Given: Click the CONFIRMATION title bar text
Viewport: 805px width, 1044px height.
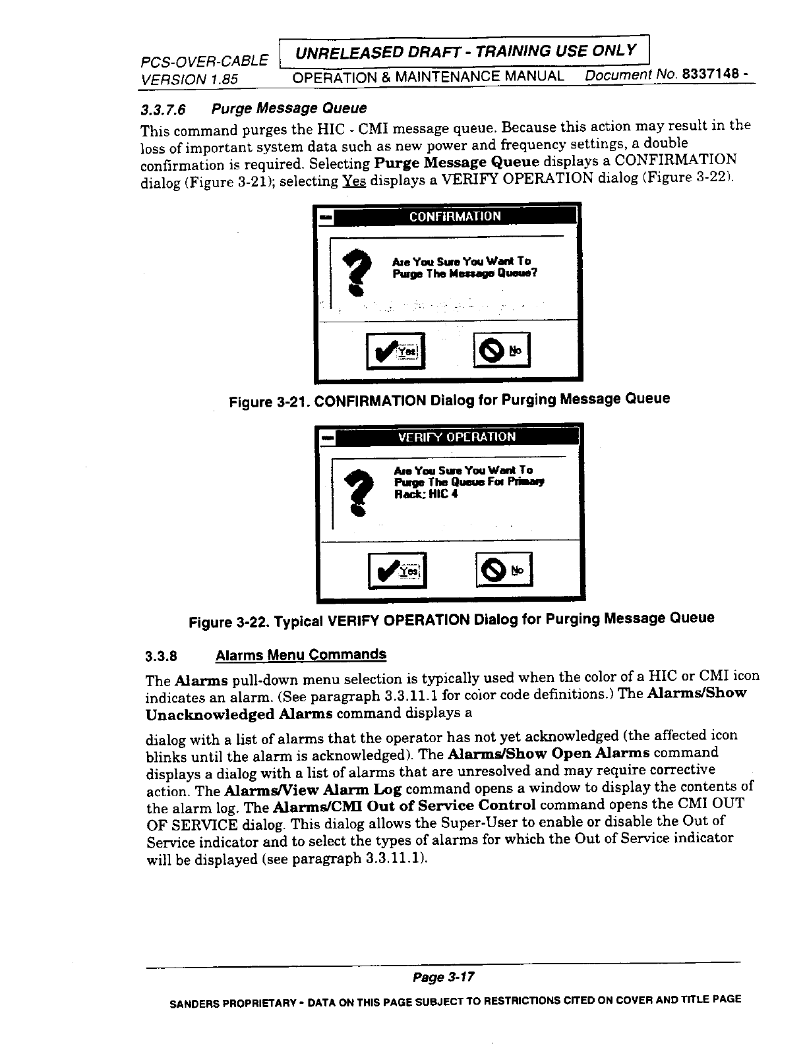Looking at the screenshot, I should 455,217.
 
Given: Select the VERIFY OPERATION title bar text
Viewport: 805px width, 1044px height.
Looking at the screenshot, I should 456,437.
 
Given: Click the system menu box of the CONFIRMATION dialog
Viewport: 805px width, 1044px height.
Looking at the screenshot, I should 326,217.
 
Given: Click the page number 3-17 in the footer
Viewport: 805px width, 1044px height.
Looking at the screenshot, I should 444,977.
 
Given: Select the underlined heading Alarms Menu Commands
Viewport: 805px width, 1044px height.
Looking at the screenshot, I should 301,655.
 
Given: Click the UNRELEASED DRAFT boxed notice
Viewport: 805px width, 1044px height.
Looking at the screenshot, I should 464,51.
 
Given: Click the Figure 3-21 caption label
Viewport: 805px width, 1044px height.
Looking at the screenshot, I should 268,401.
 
